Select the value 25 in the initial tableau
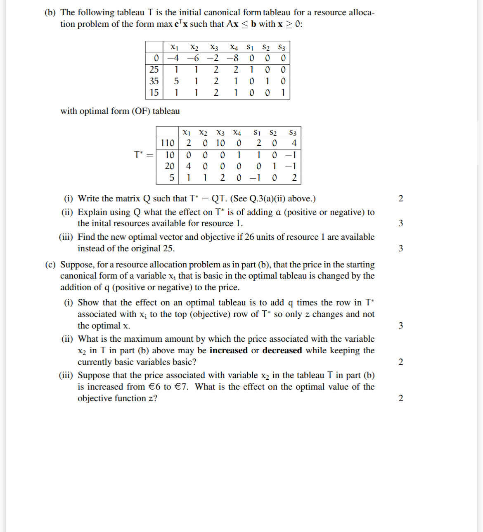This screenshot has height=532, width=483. click(154, 69)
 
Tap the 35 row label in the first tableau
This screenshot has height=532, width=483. click(154, 81)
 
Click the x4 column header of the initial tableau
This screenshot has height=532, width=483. click(234, 47)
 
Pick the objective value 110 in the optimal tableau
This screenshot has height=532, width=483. click(167, 143)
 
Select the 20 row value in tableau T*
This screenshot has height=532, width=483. click(169, 166)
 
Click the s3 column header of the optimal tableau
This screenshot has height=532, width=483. click(293, 132)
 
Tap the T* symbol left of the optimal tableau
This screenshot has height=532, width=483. click(139, 154)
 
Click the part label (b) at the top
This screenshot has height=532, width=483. click(50, 12)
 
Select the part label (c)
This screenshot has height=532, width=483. click(50, 265)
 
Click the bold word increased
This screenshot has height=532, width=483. click(228, 350)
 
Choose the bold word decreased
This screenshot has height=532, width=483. click(282, 350)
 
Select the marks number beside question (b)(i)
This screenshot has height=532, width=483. click(400, 199)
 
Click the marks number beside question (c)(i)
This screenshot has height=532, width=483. click(400, 326)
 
